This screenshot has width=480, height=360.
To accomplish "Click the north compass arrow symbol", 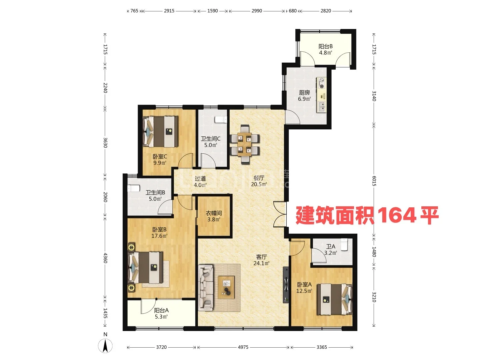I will coord(105,345).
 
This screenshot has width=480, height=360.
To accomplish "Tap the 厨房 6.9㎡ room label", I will coord(304,95).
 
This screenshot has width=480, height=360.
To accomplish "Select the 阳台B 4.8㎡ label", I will coord(325,49).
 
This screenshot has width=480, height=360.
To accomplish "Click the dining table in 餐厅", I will coord(245,144).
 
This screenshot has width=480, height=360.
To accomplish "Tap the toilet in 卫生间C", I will coord(221,119).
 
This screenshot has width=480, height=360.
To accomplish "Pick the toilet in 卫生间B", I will coord(133,188).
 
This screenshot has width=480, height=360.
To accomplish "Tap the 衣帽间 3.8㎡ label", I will coord(214,216).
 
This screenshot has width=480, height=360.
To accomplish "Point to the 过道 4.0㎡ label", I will coord(200,182).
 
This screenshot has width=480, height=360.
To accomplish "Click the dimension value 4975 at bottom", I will coord(243,347).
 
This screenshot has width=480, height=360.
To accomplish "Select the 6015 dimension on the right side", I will coord(374,181).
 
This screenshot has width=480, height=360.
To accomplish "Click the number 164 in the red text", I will coord(397,215).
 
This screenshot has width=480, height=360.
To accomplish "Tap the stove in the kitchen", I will coord(322,83).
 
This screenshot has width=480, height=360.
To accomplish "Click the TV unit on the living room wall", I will coord(286,285).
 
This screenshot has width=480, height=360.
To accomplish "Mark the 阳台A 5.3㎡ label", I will coord(161,313).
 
